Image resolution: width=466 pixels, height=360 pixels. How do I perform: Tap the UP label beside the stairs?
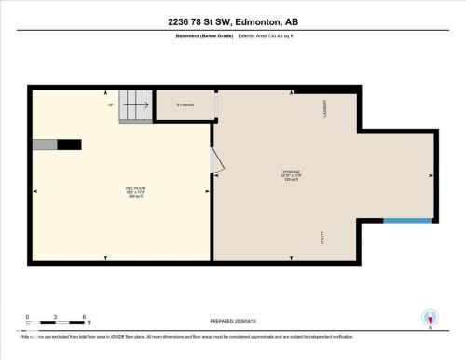110,104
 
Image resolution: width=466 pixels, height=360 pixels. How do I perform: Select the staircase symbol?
135,106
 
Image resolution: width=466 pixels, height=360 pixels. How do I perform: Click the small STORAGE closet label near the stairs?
185,105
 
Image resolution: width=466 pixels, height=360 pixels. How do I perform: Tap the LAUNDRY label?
324,107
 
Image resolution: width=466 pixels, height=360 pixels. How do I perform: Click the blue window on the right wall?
407,221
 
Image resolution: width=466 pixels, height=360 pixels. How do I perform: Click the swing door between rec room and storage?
217,162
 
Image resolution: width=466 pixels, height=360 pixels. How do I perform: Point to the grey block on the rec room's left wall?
45,145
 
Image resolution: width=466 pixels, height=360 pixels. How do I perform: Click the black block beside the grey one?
70,145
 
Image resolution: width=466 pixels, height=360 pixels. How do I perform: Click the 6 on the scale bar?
85,318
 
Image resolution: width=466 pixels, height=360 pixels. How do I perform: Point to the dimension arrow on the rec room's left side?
34,191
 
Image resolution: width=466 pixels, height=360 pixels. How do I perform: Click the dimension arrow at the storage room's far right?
431,175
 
